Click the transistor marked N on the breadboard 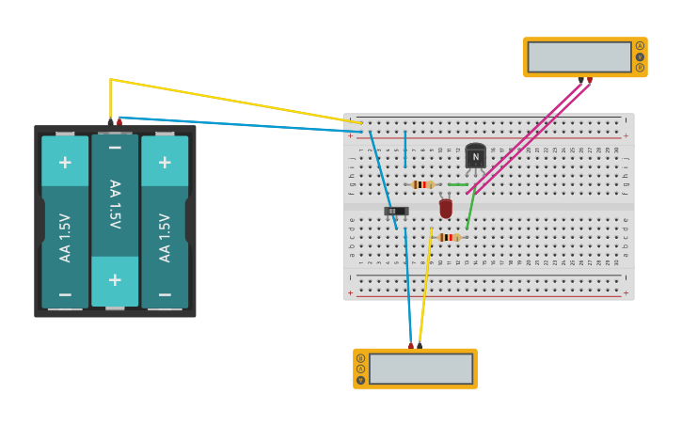(475, 157)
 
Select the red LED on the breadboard (446, 208)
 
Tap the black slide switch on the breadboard (397, 211)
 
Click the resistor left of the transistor (423, 184)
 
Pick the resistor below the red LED (450, 237)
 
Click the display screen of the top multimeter (579, 56)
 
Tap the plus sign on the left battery (65, 162)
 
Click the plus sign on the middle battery (115, 279)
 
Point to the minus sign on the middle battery (115, 148)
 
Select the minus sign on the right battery (165, 293)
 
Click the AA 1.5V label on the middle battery (115, 204)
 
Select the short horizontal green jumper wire (457, 184)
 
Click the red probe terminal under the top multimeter (589, 80)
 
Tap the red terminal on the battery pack (119, 121)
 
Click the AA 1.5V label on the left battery (65, 238)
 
